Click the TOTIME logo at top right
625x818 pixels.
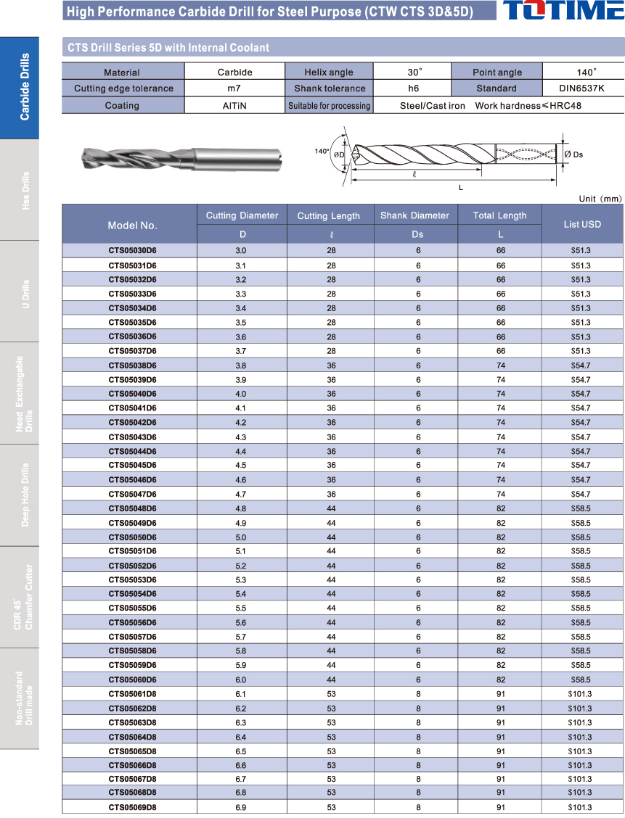(563, 10)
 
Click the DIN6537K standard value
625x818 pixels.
(582, 88)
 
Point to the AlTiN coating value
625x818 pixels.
(234, 106)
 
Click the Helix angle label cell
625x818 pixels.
(329, 73)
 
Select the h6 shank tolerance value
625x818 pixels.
(413, 88)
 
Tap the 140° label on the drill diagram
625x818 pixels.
(322, 152)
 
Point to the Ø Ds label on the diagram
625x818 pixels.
(573, 154)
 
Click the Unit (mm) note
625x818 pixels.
(600, 198)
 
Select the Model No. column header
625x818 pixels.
(132, 225)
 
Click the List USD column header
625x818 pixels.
(582, 224)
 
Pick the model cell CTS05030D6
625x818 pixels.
(132, 251)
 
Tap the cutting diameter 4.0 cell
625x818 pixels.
(240, 394)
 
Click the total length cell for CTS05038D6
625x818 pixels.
(500, 365)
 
